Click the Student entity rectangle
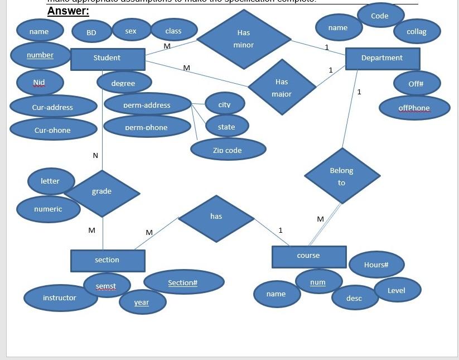pos(107,59)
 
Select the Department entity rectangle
pos(382,58)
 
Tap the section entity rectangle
pos(107,260)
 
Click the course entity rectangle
pos(308,256)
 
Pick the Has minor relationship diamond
pos(244,39)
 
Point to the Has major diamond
pos(282,88)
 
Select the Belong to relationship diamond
pos(342,176)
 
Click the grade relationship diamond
pos(102,192)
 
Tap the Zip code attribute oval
pos(228,150)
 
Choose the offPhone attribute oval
pos(414,108)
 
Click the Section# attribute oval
pos(183,283)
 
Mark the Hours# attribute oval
pos(376,265)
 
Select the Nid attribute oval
pos(40,83)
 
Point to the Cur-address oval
pos(53,107)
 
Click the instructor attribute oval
pos(59,298)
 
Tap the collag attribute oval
pos(417,32)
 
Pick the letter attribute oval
pos(50,181)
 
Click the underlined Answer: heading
pos(68,11)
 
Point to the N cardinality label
pos(95,155)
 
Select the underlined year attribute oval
pos(142,303)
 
